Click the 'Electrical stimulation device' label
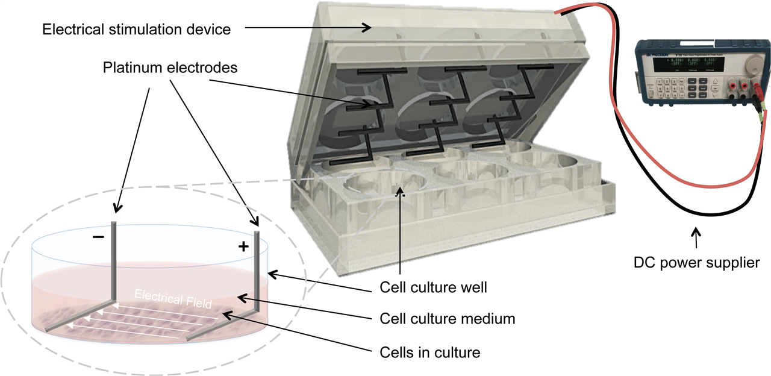(x=136, y=29)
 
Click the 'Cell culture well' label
(x=433, y=287)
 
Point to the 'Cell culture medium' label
(x=448, y=318)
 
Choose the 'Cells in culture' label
(x=430, y=352)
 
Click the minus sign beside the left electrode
(x=98, y=237)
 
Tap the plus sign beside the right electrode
(x=243, y=246)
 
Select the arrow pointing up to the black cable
(x=697, y=237)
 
